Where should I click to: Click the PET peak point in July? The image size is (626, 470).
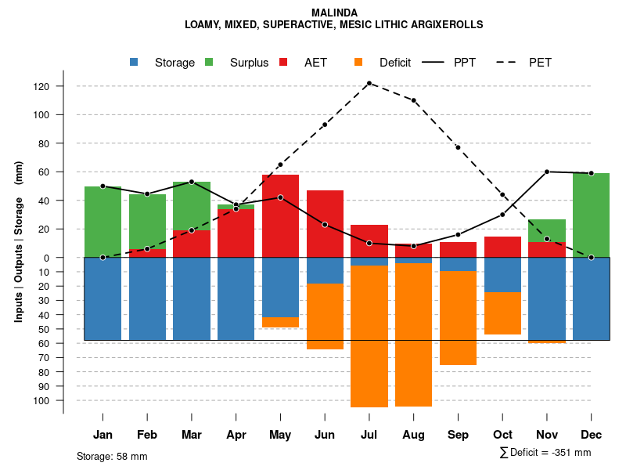click(x=369, y=83)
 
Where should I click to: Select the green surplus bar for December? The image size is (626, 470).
click(x=591, y=215)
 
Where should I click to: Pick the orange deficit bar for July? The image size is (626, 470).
click(x=369, y=337)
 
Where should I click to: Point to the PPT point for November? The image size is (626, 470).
click(x=547, y=172)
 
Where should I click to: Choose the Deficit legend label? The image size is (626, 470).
click(x=395, y=63)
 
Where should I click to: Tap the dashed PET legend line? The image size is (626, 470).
click(x=512, y=62)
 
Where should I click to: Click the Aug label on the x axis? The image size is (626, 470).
click(x=413, y=435)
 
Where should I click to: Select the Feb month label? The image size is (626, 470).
click(x=147, y=435)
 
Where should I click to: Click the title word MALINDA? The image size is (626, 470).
click(x=334, y=13)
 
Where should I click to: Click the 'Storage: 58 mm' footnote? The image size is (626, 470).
click(x=112, y=456)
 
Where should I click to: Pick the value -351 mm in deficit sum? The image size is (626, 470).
click(x=570, y=453)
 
